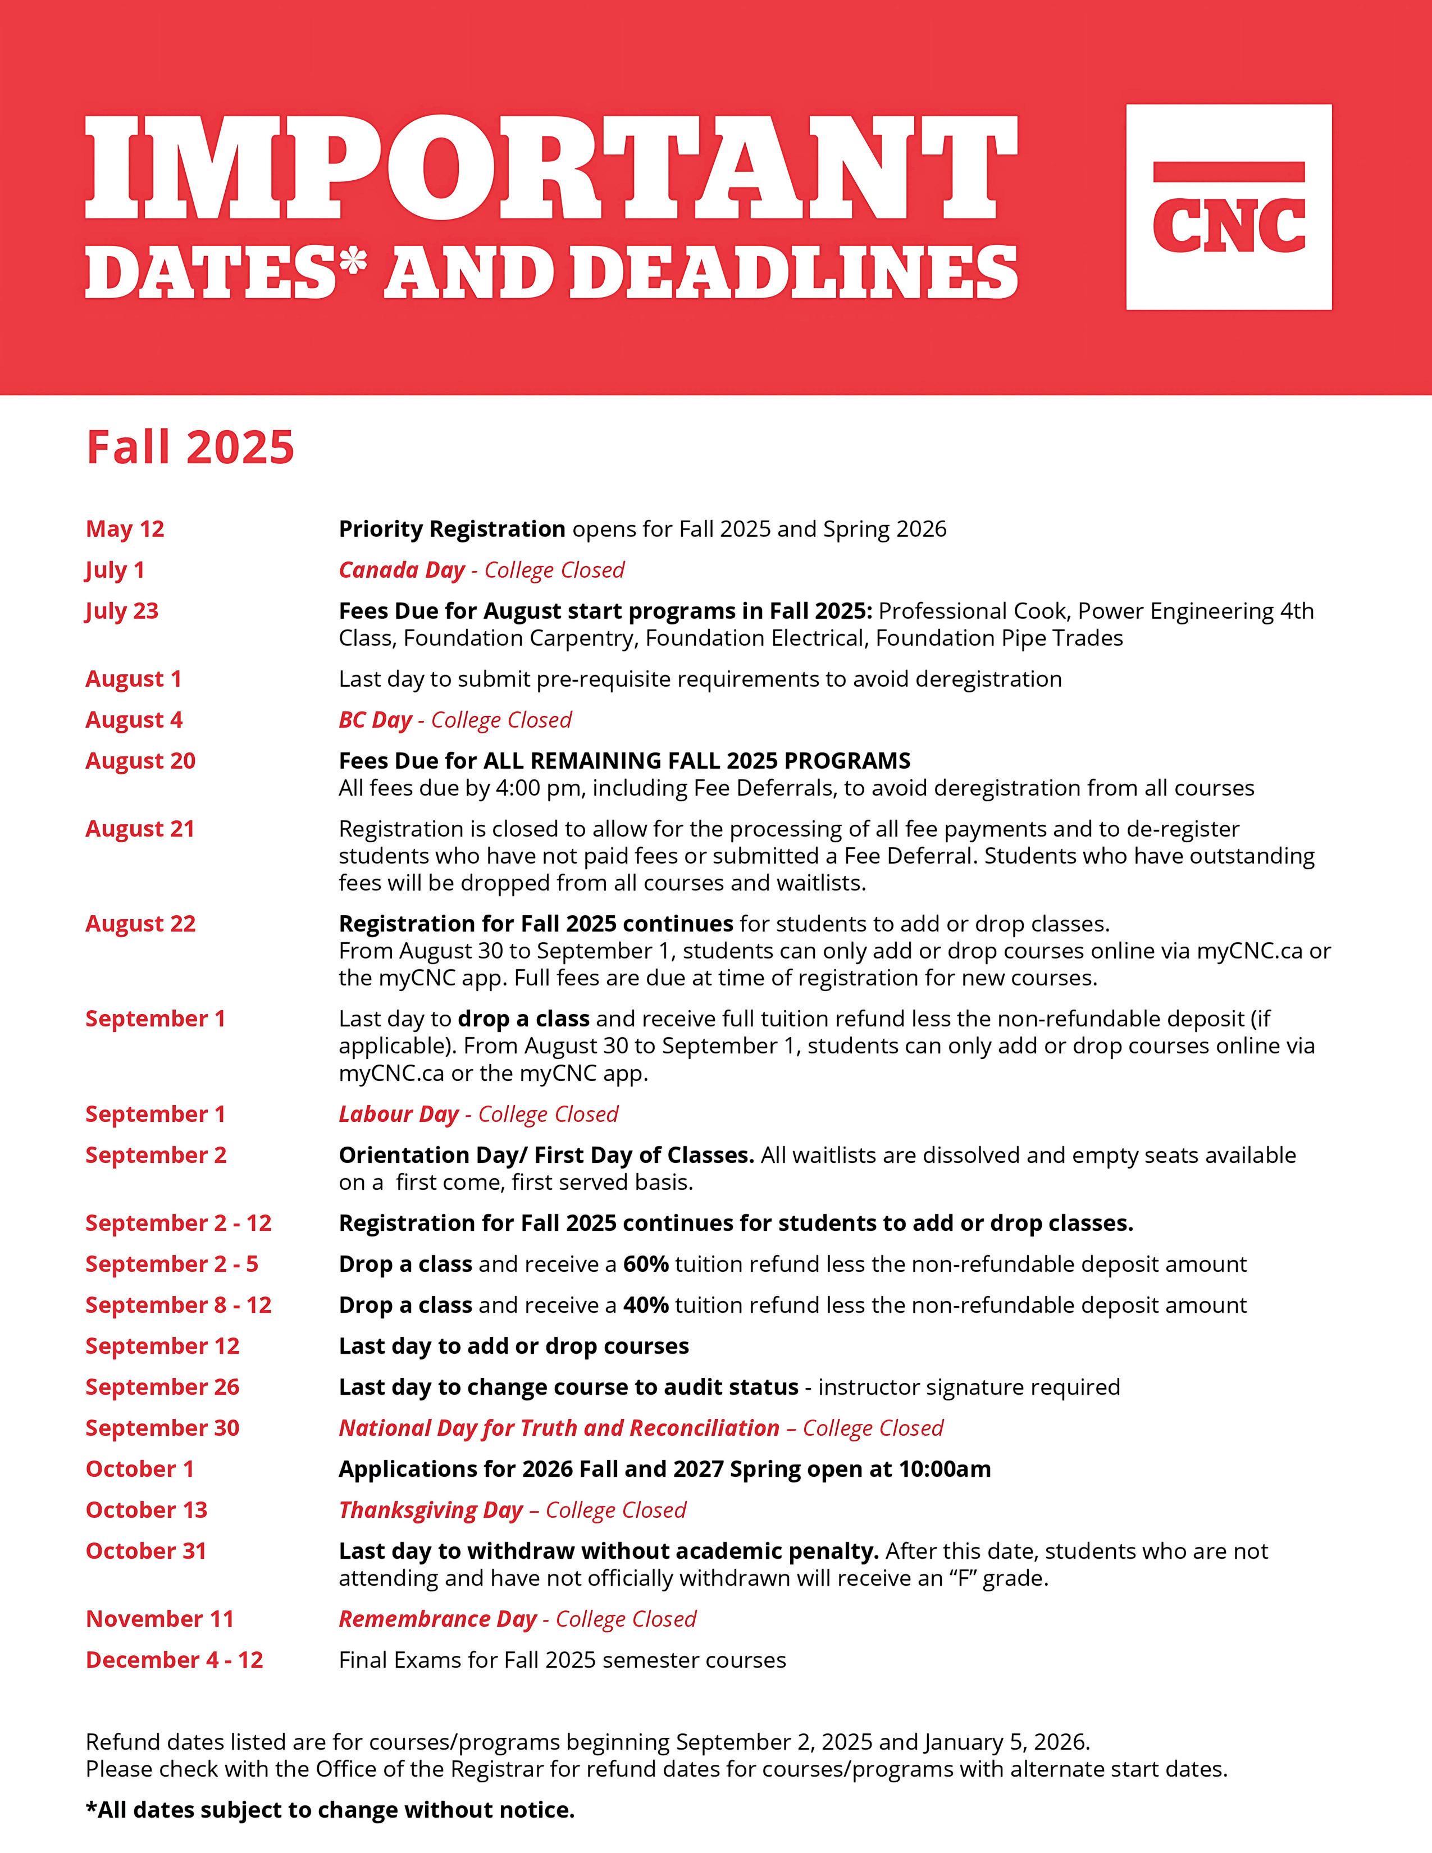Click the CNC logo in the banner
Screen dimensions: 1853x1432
(1228, 207)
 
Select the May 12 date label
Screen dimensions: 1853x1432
(125, 530)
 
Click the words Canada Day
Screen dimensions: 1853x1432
(402, 570)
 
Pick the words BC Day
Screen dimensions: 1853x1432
(375, 720)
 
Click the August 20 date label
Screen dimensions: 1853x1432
(140, 761)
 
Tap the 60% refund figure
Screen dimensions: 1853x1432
(646, 1264)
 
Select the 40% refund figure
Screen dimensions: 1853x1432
(646, 1305)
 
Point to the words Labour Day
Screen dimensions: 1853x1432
(398, 1114)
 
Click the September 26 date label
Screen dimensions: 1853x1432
(162, 1387)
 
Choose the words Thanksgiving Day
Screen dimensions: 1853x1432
(430, 1510)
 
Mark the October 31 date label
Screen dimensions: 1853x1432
(146, 1551)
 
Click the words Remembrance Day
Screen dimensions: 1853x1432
(437, 1619)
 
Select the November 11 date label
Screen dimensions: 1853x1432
(159, 1619)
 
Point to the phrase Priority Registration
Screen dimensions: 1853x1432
(452, 530)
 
